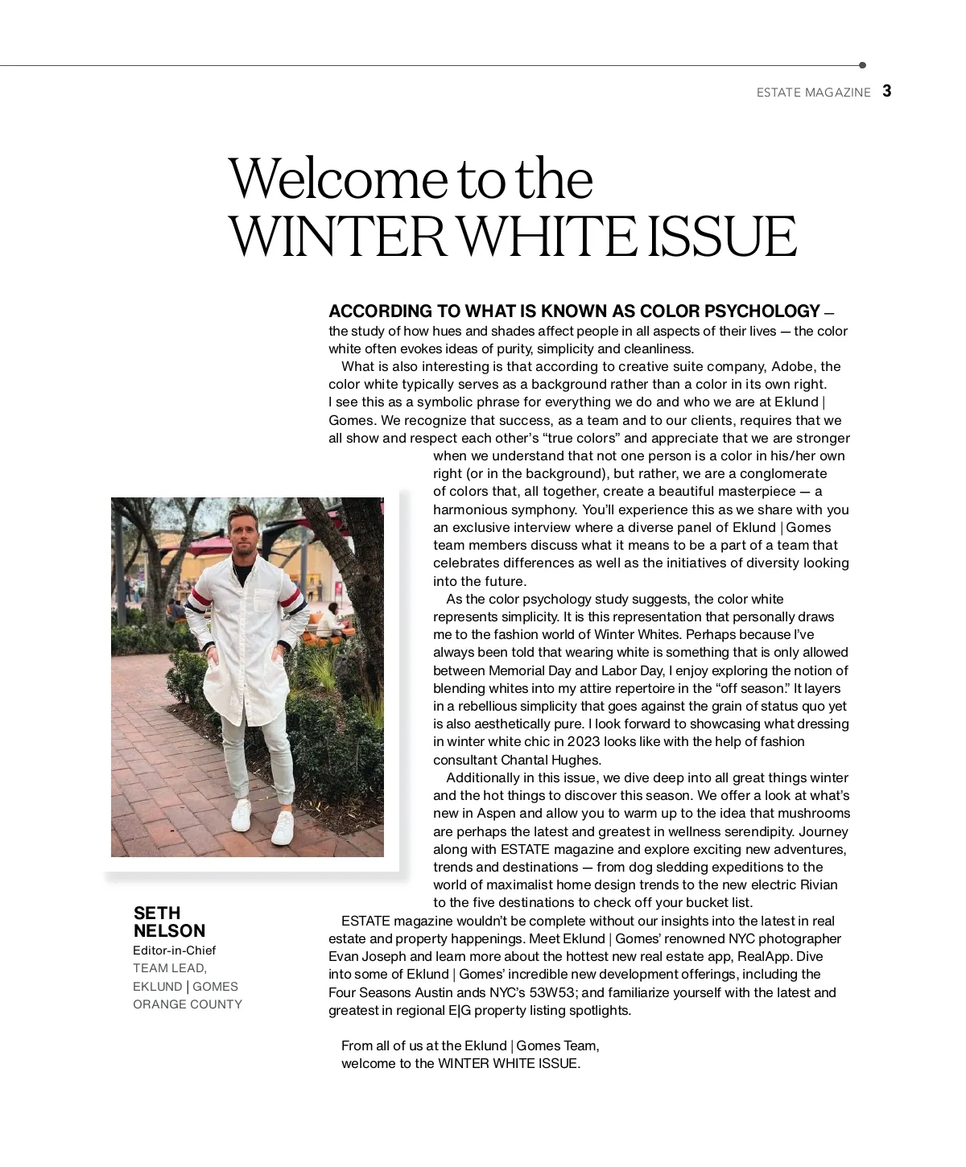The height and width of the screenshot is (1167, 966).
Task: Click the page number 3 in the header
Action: coord(886,91)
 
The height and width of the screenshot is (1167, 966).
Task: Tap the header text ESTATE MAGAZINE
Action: coord(813,93)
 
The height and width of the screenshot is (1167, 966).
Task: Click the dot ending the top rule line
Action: coord(862,65)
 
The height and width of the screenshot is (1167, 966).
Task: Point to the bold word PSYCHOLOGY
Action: coord(762,311)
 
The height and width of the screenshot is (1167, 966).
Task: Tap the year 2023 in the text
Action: coord(584,741)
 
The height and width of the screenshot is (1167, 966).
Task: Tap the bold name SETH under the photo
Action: coord(157,913)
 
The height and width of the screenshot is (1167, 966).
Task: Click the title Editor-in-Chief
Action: coord(175,950)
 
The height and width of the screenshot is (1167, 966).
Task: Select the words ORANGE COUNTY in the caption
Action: coord(188,1004)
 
